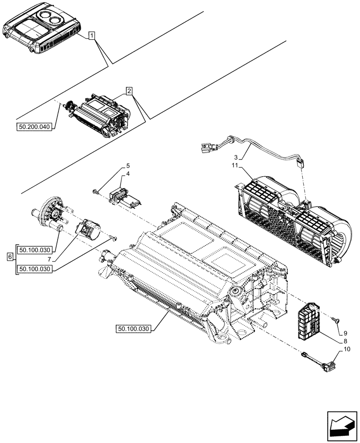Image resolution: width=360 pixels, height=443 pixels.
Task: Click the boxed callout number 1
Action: (x=91, y=35)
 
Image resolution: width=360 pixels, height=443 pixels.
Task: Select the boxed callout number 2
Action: (x=129, y=92)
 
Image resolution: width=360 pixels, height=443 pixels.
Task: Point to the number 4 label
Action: (x=127, y=174)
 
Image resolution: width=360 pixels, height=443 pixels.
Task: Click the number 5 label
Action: (x=127, y=166)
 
